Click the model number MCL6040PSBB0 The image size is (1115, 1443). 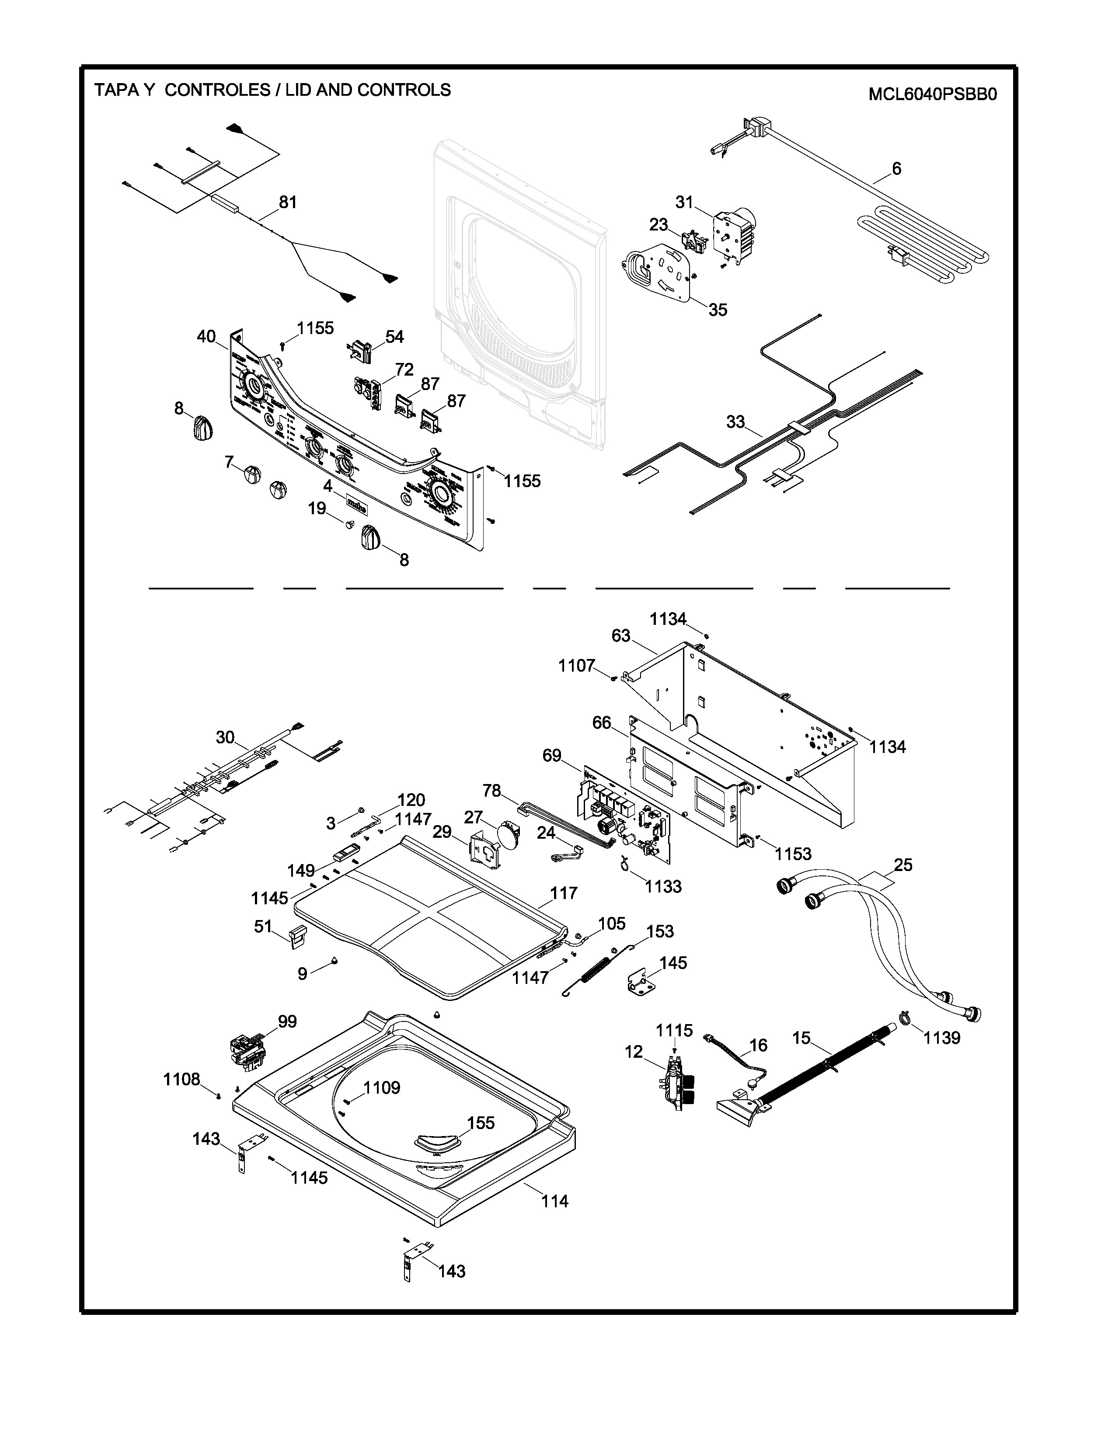[932, 94]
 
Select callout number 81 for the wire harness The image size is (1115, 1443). [287, 202]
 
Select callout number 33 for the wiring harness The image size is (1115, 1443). [735, 422]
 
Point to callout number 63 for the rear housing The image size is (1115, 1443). [621, 636]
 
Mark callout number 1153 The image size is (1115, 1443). [793, 854]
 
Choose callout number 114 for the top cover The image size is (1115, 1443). [554, 1201]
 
